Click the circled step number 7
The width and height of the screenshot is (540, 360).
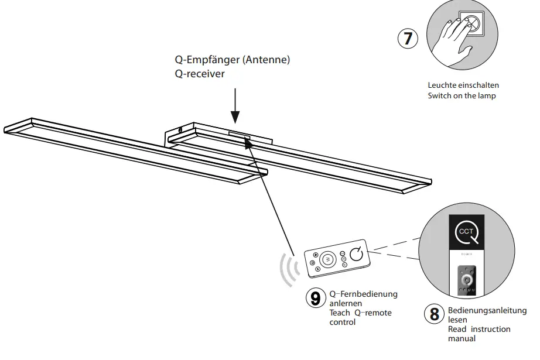408,39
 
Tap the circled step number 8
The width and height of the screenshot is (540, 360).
434,314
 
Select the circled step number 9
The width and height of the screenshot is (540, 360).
315,299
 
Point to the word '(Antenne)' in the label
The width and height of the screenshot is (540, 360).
266,60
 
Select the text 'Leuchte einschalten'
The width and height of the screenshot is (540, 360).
460,85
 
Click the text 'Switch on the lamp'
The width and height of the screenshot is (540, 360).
462,95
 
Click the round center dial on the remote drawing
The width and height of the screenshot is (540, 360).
328,258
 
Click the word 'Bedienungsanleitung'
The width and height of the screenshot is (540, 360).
487,311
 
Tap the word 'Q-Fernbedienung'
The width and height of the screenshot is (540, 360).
363,294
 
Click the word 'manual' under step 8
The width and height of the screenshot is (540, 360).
462,338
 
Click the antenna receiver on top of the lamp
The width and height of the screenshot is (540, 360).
240,136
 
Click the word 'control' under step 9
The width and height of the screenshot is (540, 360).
342,322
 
